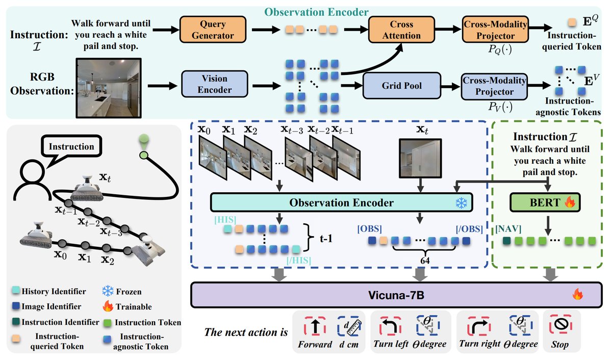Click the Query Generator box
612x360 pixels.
click(213, 30)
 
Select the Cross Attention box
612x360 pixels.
click(401, 30)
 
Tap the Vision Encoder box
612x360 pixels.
click(215, 84)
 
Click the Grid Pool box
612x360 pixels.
click(402, 86)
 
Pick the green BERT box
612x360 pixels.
click(545, 202)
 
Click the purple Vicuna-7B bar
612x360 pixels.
click(396, 295)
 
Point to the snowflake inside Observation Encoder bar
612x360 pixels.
click(461, 203)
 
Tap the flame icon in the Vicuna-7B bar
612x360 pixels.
click(578, 294)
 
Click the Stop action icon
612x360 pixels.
click(560, 325)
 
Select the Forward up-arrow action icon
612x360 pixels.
click(315, 326)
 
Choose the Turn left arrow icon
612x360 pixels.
click(390, 326)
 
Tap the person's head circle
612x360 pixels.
click(32, 172)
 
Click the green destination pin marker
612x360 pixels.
click(144, 141)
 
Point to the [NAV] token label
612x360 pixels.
click(508, 228)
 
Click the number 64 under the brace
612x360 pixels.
click(425, 261)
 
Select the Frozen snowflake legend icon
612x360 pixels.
click(108, 291)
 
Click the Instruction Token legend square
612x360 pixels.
click(108, 323)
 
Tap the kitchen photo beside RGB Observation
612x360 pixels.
click(109, 88)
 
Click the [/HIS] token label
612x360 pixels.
click(299, 260)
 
